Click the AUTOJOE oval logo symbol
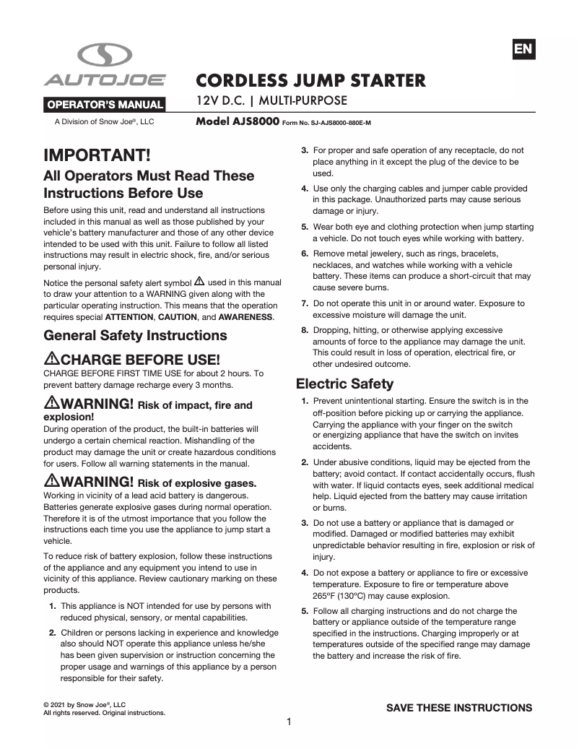point(105,55)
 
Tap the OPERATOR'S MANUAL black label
point(105,105)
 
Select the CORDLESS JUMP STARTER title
point(311,79)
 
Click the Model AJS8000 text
point(237,122)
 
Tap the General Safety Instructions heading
point(135,336)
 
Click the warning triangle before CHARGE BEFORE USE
point(51,359)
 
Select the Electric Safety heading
point(344,384)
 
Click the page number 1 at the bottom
point(289,722)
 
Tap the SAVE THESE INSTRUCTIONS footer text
point(459,708)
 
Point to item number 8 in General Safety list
point(305,330)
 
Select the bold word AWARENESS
point(245,317)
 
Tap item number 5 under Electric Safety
point(305,611)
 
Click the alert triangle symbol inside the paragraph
point(199,281)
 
